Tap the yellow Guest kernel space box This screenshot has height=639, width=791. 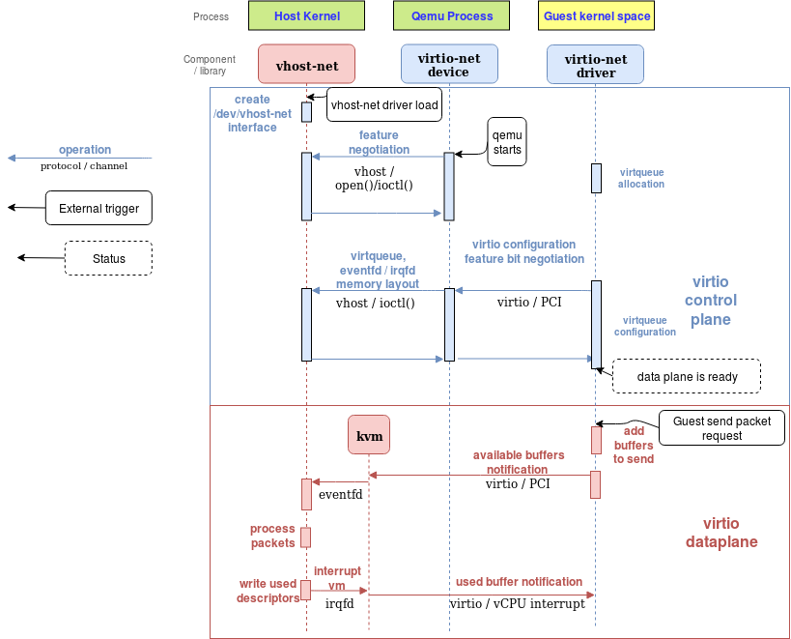(x=596, y=15)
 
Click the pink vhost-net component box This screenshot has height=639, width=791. (x=306, y=64)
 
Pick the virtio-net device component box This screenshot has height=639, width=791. (x=448, y=64)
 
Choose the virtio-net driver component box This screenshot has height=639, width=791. (x=595, y=64)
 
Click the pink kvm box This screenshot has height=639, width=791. (x=369, y=436)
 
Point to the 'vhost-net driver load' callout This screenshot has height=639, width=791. (x=384, y=104)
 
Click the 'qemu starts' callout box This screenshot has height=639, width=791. (x=507, y=142)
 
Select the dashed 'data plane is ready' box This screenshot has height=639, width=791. (x=687, y=376)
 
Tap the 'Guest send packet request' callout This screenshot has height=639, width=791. (x=721, y=428)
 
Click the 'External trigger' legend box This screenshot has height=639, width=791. (x=99, y=208)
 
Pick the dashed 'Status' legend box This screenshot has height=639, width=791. (x=108, y=258)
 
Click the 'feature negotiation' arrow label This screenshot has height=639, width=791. (x=379, y=142)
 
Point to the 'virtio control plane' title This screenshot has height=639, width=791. (x=711, y=301)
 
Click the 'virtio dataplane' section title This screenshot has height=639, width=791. (x=721, y=533)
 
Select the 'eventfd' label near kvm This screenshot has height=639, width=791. (x=341, y=495)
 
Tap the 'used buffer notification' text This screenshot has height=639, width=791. (x=519, y=582)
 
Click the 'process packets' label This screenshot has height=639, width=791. (x=272, y=536)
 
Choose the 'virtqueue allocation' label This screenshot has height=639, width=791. (x=641, y=178)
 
